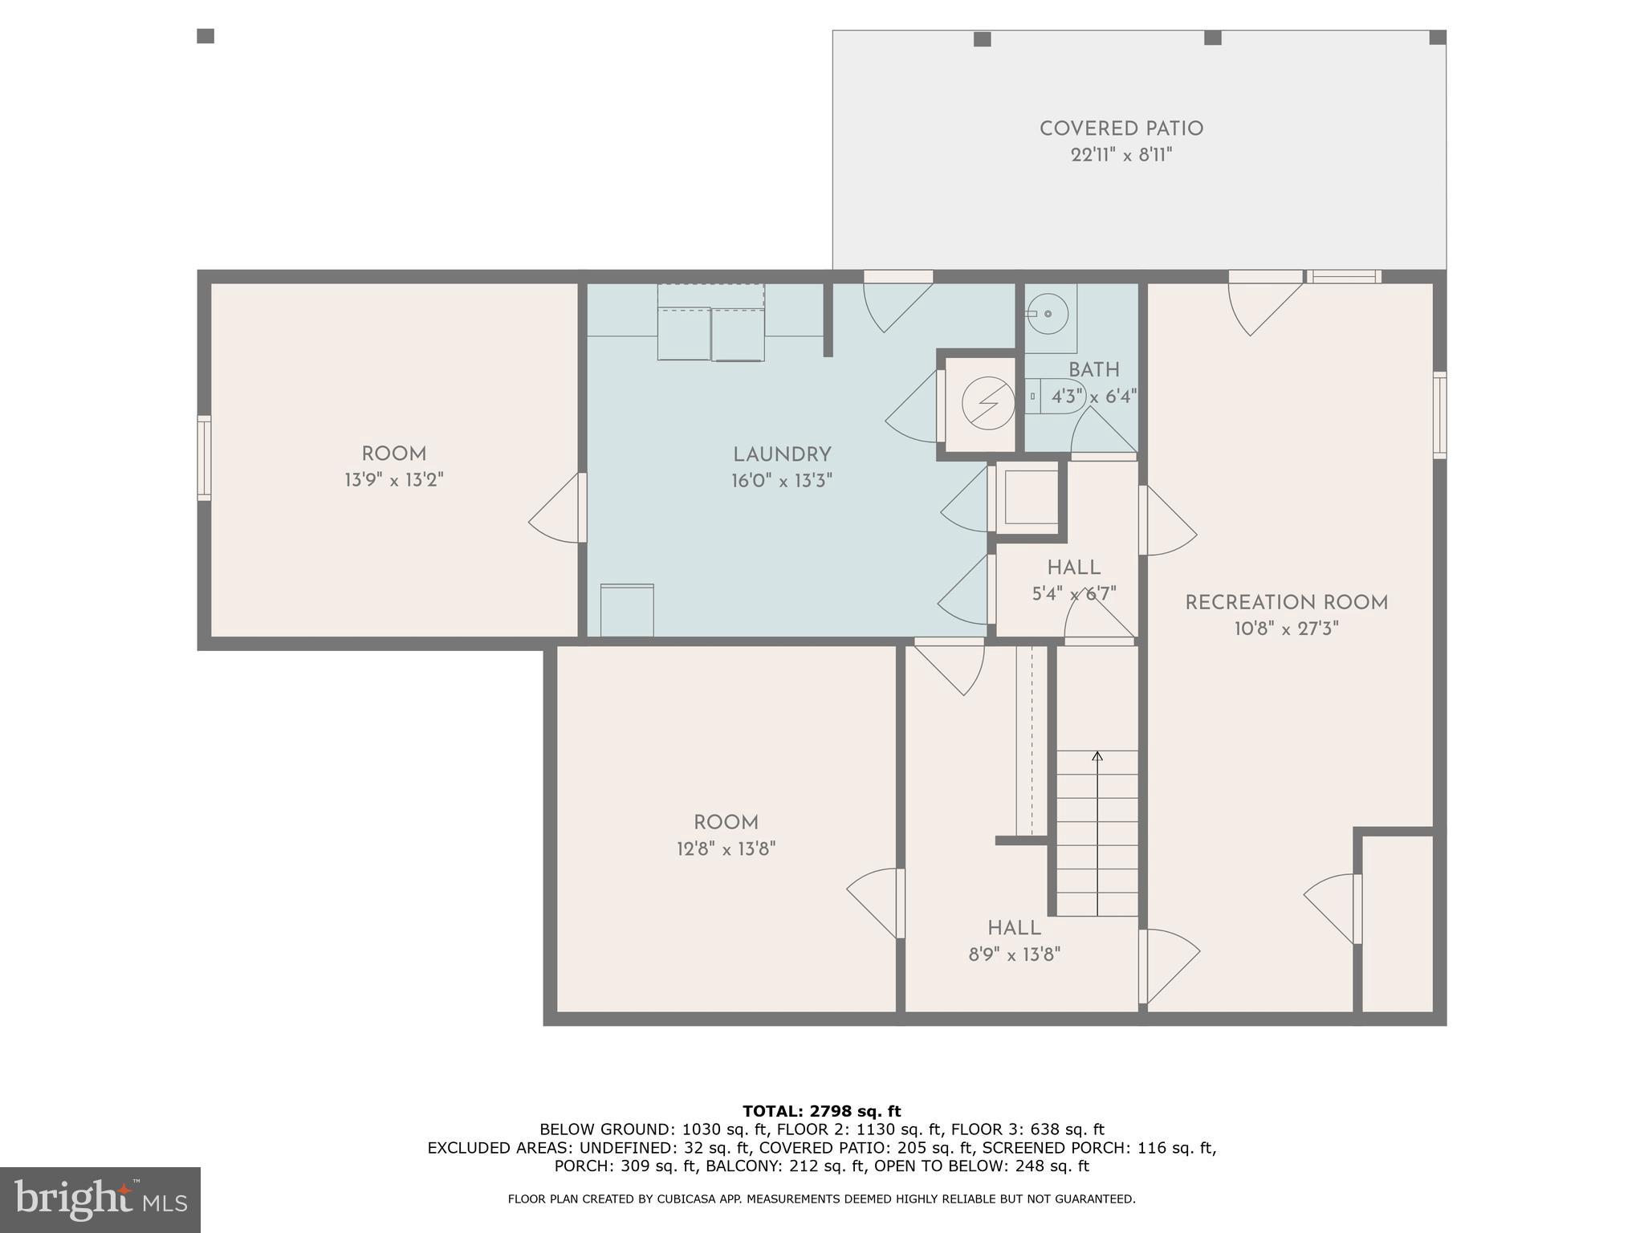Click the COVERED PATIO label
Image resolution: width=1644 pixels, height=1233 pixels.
1121,129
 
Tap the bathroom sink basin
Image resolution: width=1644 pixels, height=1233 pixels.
1048,314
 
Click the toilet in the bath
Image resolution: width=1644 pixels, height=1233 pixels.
1052,397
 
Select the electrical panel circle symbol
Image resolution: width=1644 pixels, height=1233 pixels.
988,403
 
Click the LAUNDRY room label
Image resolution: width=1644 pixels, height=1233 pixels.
781,455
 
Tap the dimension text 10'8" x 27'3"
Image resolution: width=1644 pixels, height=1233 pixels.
1286,629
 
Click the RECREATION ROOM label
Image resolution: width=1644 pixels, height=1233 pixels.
1286,603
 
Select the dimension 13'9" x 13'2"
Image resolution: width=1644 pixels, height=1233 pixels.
393,480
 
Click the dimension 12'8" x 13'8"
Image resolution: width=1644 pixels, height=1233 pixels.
726,848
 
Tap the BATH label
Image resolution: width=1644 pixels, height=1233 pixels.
1093,370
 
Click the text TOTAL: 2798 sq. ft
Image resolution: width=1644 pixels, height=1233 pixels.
821,1111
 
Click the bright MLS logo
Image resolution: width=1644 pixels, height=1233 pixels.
100,1200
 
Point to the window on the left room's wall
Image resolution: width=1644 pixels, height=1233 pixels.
204,458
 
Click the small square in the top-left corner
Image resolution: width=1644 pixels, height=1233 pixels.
205,36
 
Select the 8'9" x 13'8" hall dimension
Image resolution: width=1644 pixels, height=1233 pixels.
1014,954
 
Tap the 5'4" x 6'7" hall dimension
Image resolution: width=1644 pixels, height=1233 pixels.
1073,594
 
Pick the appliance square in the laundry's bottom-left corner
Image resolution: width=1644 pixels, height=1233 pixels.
627,610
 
